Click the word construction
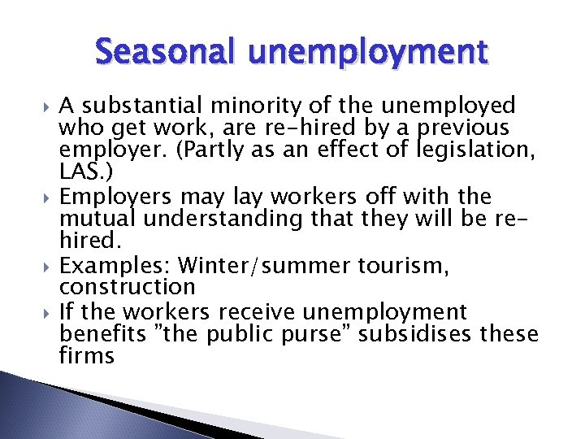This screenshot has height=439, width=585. coord(128,287)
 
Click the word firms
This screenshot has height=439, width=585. coord(87,356)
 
